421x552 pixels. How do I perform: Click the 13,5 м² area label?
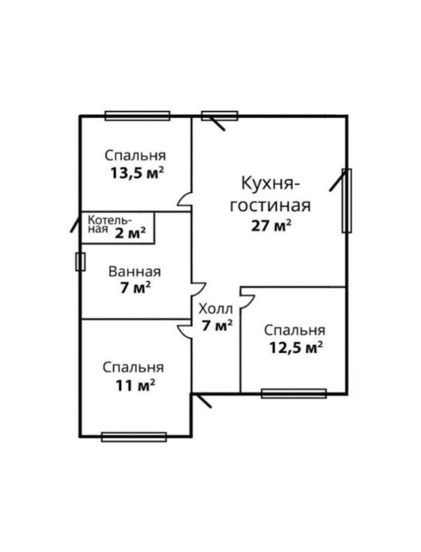(x=137, y=173)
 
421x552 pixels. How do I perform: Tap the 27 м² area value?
(x=271, y=225)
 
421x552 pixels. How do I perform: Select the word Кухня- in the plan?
(x=270, y=183)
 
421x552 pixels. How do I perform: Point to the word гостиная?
(x=270, y=205)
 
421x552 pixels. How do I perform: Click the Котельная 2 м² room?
(x=117, y=227)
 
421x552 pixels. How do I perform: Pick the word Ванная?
(x=134, y=272)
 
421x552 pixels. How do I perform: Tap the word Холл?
(x=215, y=309)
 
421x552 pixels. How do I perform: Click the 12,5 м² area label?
(x=297, y=348)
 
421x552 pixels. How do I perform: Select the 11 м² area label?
(x=136, y=386)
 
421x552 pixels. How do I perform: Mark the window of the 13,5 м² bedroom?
(x=137, y=116)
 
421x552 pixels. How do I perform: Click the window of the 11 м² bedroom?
(x=134, y=437)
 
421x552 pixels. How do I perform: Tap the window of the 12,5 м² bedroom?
(x=294, y=393)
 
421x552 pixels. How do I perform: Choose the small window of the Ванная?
(x=80, y=262)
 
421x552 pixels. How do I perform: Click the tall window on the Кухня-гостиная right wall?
(x=347, y=201)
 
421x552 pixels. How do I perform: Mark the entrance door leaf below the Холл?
(x=202, y=400)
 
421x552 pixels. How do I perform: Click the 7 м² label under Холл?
(x=217, y=326)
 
